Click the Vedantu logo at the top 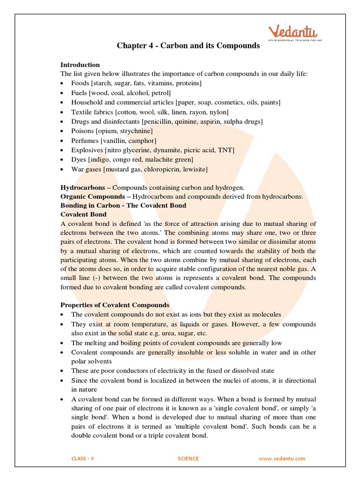coord(292,33)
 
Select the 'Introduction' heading coord(80,65)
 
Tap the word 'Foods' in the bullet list coord(80,83)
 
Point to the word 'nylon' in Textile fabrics coord(218,112)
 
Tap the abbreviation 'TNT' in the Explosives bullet coord(225,150)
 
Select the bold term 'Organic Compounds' coord(93,196)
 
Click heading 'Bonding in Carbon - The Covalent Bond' coord(123,205)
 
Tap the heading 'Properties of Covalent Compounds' coord(115,305)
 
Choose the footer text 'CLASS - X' coord(82,458)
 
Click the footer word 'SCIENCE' coord(188,458)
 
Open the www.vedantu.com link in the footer coord(282,458)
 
